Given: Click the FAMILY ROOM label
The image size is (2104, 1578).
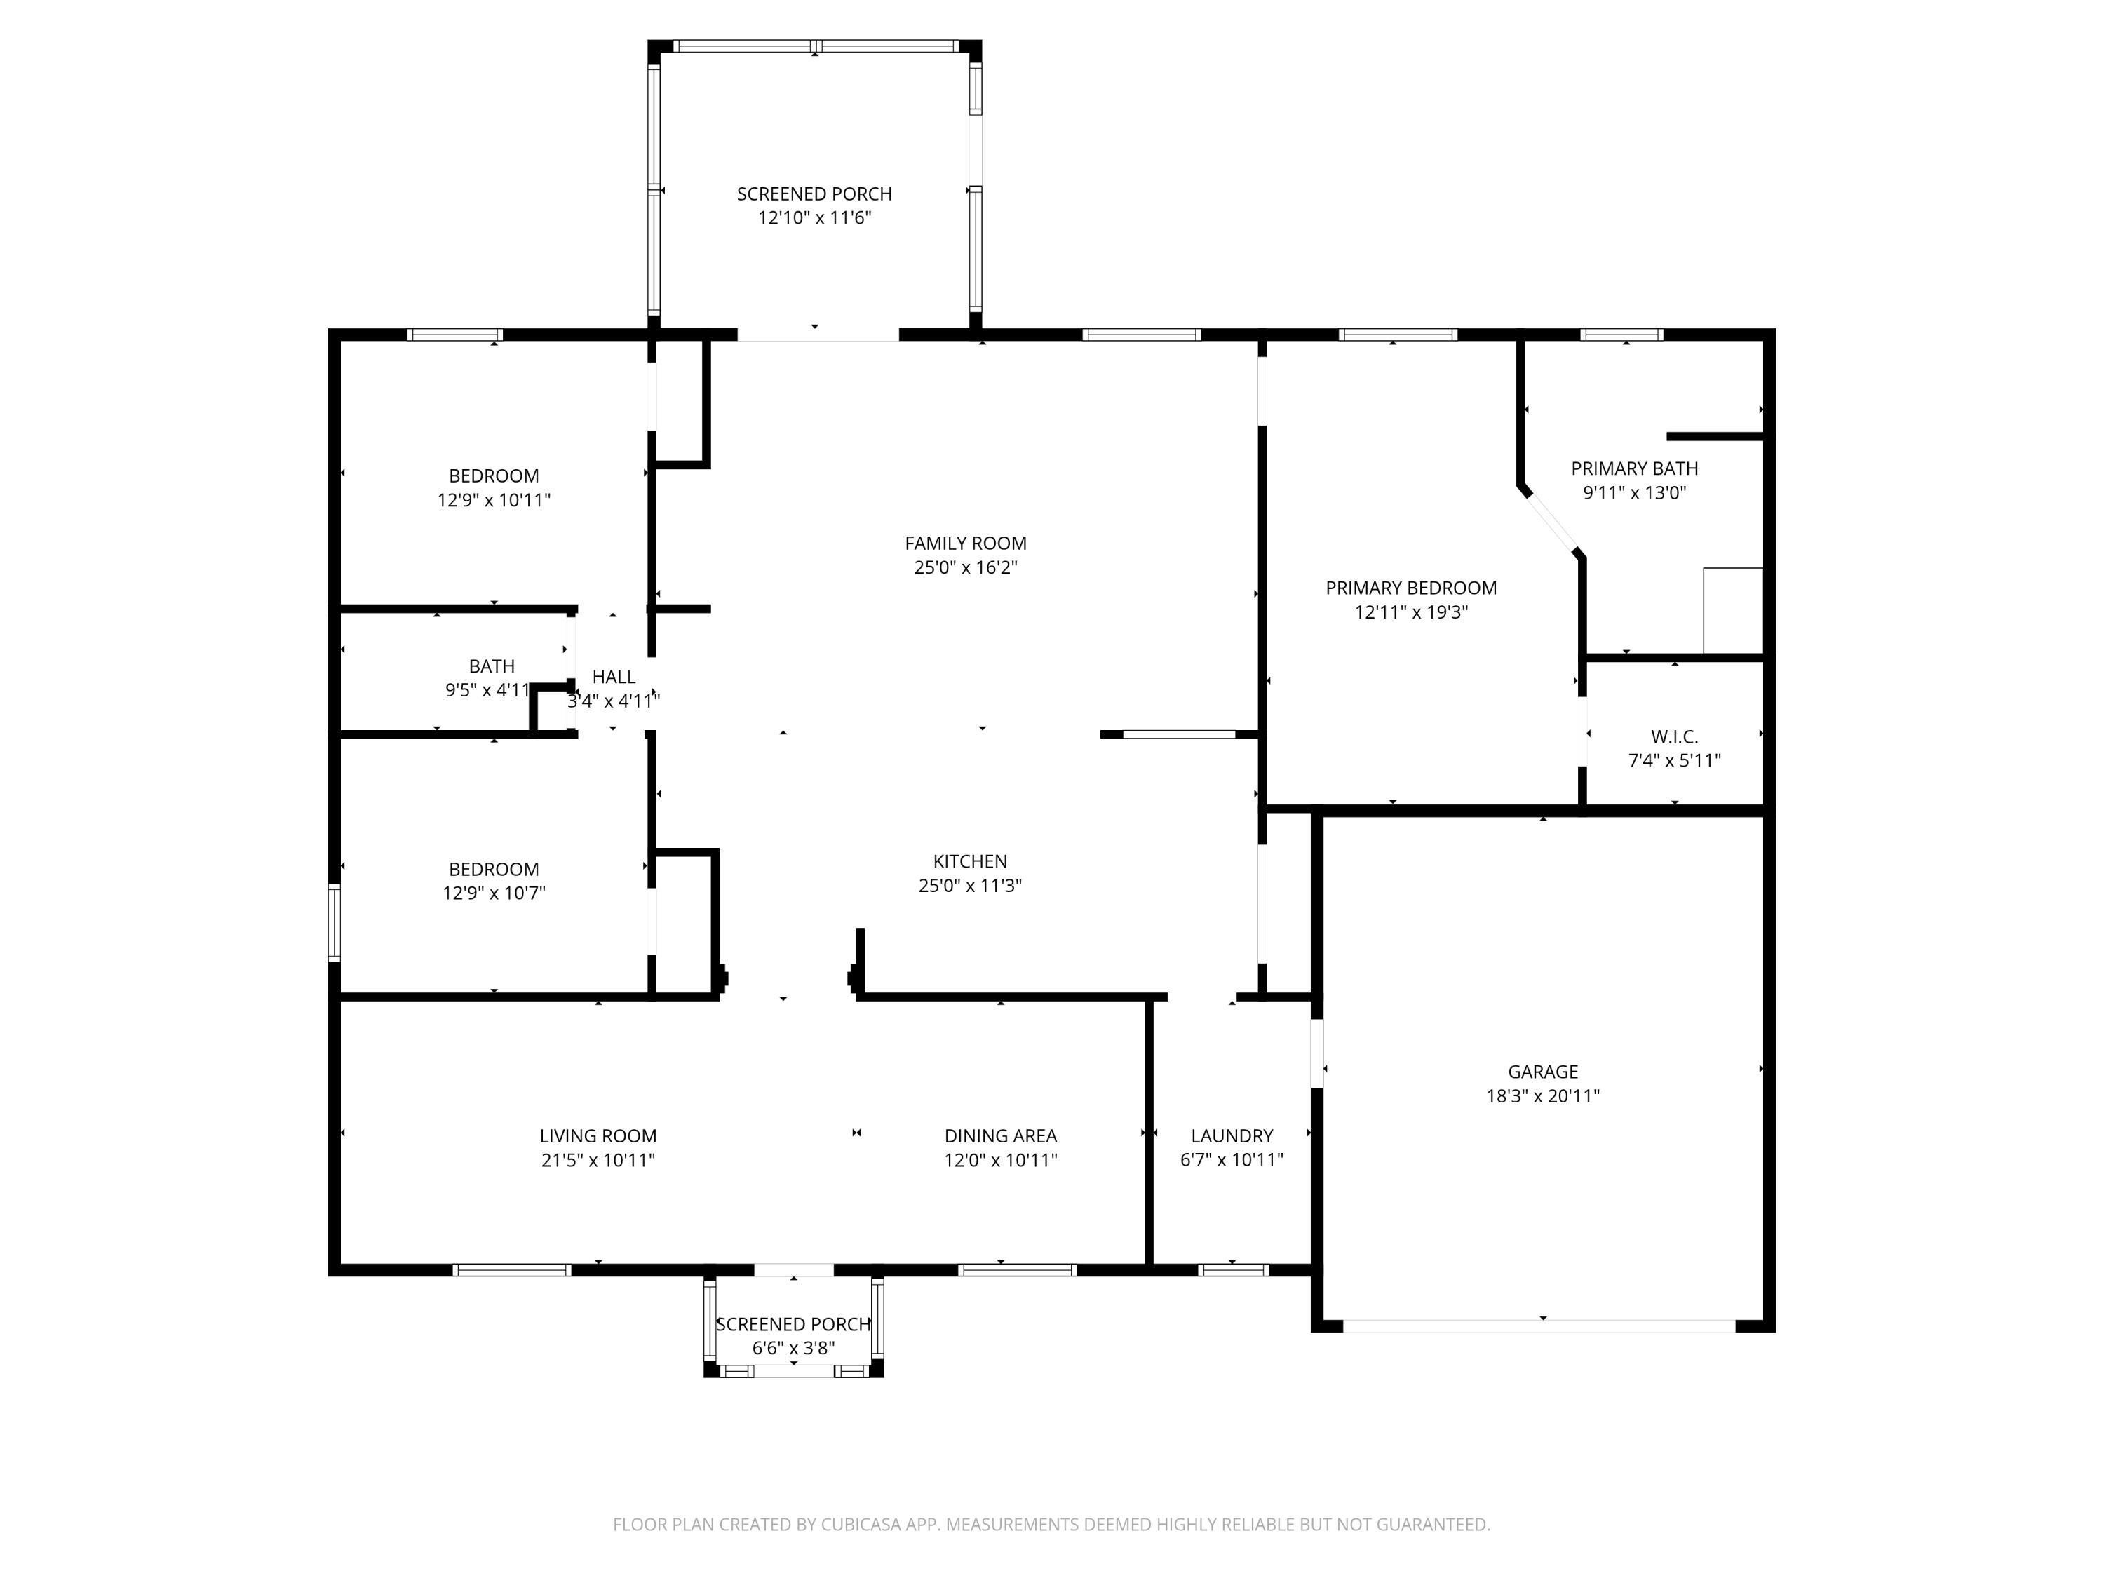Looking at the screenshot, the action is pos(966,543).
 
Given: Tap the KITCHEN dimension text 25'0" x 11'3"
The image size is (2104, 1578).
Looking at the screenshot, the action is pos(970,886).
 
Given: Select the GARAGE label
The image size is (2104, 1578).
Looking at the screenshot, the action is pos(1543,1072).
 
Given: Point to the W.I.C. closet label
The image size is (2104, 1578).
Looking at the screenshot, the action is pos(1674,736).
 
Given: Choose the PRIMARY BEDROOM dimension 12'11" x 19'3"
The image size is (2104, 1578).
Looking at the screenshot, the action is pos(1412,612).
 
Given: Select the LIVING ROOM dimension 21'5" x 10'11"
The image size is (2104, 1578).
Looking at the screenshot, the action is pos(598,1161).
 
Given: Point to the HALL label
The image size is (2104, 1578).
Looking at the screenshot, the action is pos(614,677).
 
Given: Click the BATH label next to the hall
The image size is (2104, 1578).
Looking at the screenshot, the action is pos(492,667).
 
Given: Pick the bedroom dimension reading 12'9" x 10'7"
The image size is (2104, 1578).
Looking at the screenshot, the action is pos(494,893).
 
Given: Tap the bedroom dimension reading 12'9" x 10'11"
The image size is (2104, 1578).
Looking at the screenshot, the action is pos(494,500).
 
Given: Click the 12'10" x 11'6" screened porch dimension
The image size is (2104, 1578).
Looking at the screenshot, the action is pos(814,218).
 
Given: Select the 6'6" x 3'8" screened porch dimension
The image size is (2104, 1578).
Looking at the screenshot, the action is pos(793,1348).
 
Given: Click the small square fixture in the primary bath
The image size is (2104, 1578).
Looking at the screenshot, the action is pos(1733,611).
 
